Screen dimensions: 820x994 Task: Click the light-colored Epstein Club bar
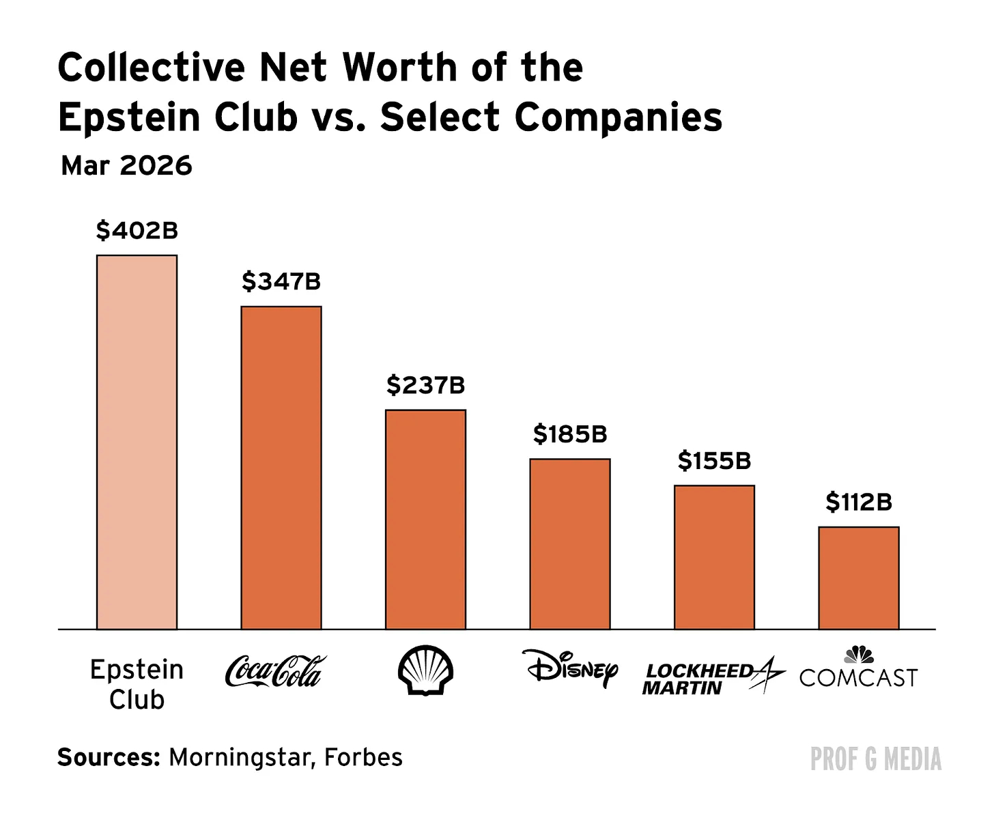click(137, 442)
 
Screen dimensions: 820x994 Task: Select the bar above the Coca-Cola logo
click(281, 468)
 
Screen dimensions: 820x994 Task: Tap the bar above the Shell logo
click(425, 519)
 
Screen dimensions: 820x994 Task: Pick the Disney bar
click(570, 543)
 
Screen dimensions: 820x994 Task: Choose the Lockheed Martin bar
click(714, 557)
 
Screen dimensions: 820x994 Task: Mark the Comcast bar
click(859, 578)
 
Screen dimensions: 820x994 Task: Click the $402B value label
click(137, 231)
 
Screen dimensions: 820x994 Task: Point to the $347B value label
click(281, 281)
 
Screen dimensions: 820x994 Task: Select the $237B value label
click(425, 385)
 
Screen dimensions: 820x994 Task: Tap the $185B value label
click(570, 434)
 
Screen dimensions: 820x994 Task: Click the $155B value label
click(714, 461)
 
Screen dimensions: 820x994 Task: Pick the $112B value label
click(859, 502)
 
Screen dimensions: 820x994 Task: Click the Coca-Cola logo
click(275, 671)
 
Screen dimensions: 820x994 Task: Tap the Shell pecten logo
click(425, 670)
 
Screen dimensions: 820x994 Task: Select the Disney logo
click(570, 668)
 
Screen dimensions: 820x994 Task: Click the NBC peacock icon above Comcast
click(858, 655)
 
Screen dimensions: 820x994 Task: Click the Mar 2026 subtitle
click(126, 166)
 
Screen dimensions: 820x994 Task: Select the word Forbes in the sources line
click(363, 757)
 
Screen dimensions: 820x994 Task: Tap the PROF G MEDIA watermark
click(875, 759)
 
